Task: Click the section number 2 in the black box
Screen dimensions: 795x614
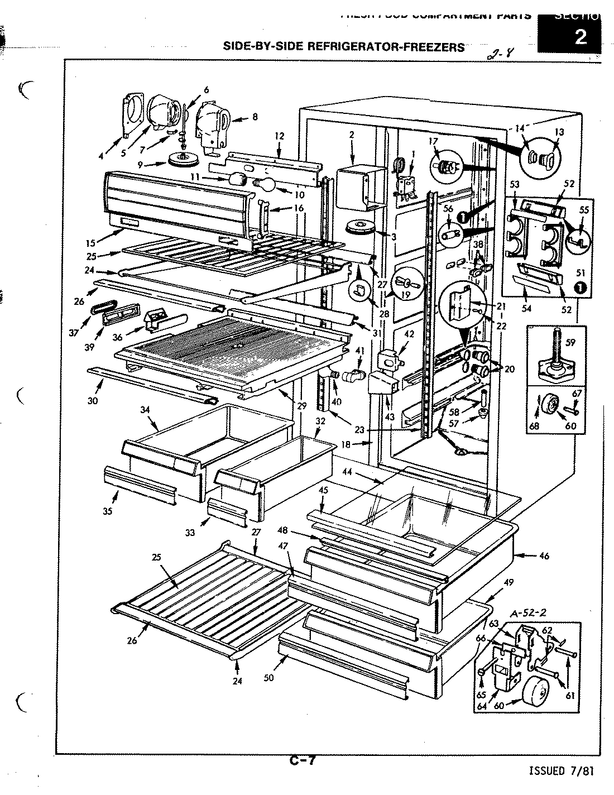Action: coord(580,38)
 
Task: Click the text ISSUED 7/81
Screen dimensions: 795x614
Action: coord(561,771)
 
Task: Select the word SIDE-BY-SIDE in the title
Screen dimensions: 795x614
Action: coord(262,46)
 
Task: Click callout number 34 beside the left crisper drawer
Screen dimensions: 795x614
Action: coord(146,410)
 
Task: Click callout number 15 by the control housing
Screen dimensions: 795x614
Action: coord(92,242)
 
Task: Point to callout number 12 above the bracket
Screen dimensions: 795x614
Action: coord(279,136)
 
